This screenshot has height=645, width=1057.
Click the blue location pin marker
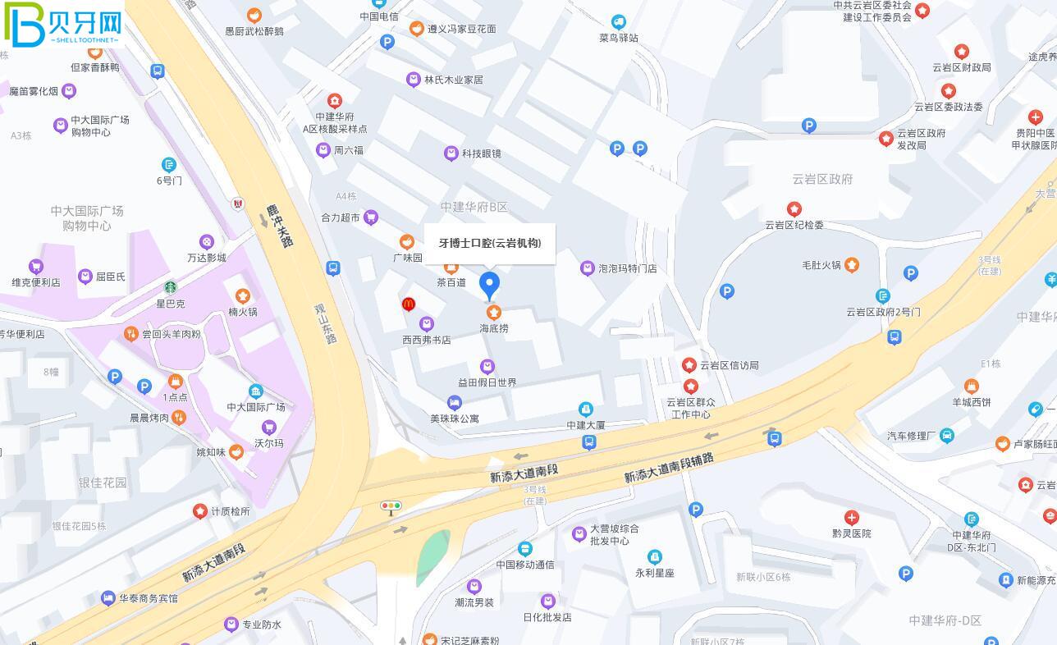489,284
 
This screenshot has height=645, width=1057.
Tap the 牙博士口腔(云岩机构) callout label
489,243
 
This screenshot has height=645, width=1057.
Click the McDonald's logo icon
409,304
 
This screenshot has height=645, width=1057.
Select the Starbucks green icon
171,287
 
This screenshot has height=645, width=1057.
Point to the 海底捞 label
494,328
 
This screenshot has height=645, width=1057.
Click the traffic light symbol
391,506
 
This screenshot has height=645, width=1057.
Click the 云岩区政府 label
822,179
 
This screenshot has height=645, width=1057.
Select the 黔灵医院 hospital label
852,533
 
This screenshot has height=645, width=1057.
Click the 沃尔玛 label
268,443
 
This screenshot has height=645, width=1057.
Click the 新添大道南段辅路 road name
668,468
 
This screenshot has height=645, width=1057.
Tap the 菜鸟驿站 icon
619,22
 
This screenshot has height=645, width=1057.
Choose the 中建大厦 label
586,425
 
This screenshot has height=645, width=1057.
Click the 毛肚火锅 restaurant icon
852,264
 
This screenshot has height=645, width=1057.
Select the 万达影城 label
206,258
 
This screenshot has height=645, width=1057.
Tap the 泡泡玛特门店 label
628,268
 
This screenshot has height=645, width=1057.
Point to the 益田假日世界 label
487,382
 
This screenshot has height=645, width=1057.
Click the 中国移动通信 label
525,565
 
